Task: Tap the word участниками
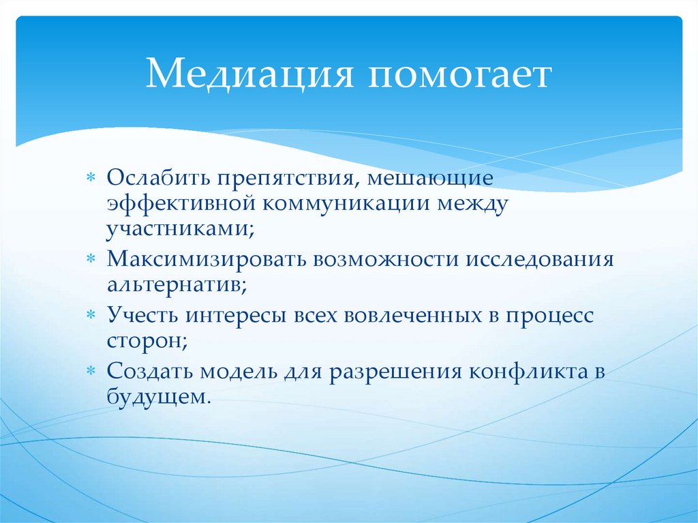coord(179,229)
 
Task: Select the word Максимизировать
coord(205,260)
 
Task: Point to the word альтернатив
coord(177,284)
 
